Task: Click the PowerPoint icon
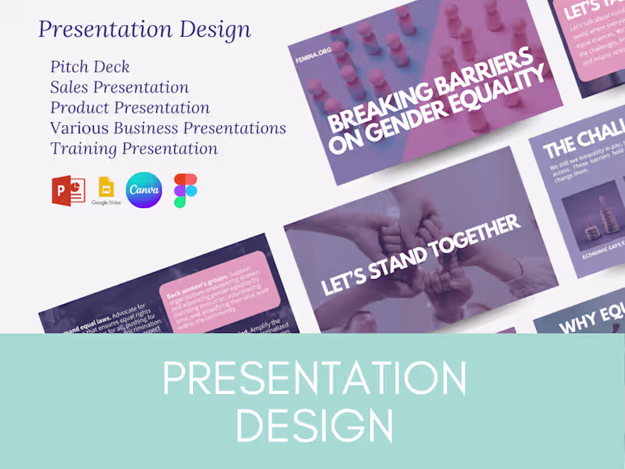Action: [68, 191]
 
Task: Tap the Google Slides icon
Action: [105, 191]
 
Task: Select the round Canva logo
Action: [144, 190]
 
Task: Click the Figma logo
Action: [186, 191]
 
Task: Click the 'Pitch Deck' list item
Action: [90, 67]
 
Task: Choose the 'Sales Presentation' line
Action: [120, 88]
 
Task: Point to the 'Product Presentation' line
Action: [130, 108]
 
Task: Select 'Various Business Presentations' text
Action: [168, 128]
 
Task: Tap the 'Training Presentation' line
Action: [134, 149]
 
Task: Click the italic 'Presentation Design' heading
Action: [145, 30]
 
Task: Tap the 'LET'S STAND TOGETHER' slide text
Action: [420, 256]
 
